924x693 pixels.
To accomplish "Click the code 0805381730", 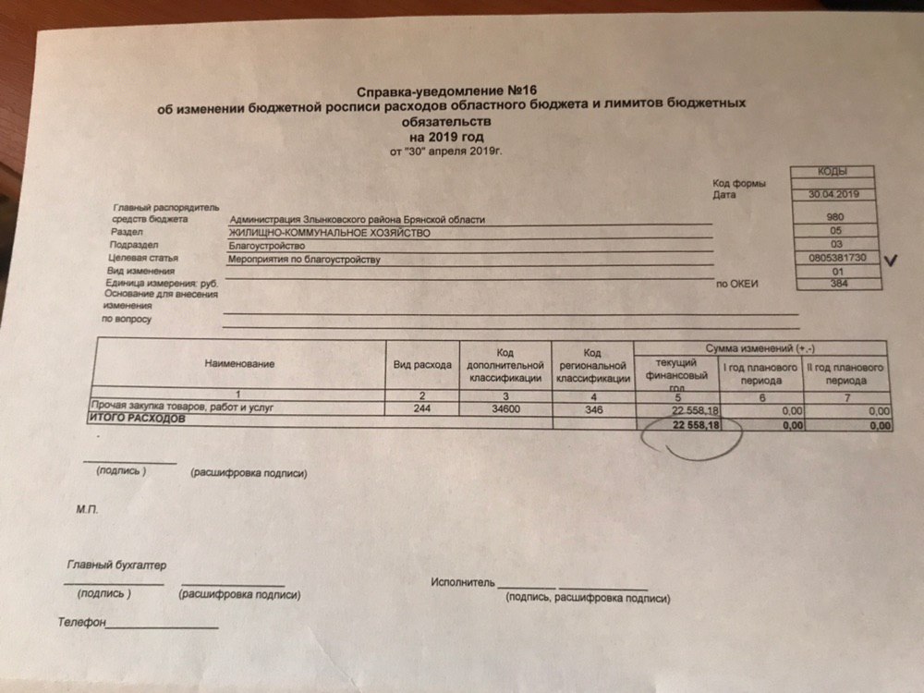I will tap(836, 258).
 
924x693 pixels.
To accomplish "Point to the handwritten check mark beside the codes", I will tap(893, 261).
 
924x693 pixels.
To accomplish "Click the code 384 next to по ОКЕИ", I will tap(839, 285).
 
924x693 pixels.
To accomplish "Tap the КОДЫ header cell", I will tap(832, 172).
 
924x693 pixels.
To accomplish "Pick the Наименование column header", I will tap(240, 364).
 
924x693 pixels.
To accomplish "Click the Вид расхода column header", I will tap(423, 365).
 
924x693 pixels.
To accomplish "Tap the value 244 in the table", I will tap(423, 407).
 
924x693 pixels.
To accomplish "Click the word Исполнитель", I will tap(462, 583).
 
